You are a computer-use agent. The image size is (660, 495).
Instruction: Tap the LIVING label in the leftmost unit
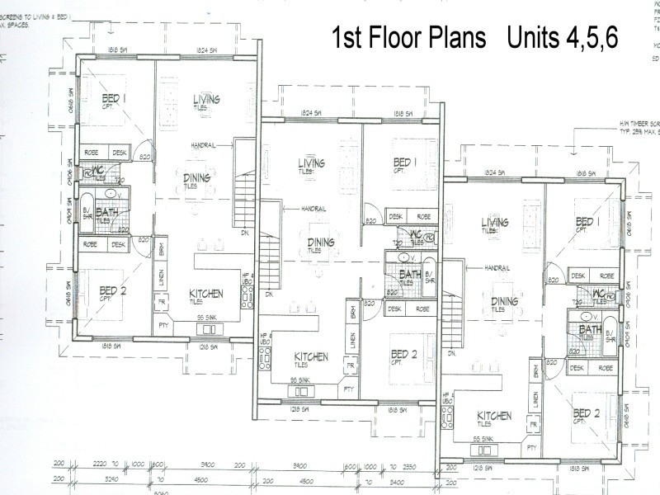tap(201, 100)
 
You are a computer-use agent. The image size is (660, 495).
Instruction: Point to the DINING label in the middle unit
tap(321, 242)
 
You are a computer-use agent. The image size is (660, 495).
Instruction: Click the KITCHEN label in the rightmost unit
tap(493, 416)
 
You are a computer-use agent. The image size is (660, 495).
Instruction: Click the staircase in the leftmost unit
tap(244, 190)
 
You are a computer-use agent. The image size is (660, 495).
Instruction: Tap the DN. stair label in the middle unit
tap(269, 294)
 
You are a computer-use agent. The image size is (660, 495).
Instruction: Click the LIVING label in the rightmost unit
tap(494, 223)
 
